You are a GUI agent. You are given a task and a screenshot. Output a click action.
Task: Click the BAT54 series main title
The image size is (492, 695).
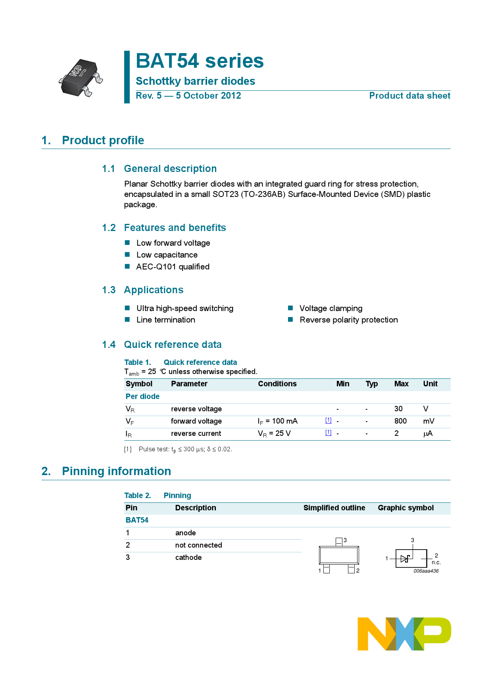[x=200, y=61]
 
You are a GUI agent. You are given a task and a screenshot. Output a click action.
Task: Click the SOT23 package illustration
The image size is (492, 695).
[x=81, y=78]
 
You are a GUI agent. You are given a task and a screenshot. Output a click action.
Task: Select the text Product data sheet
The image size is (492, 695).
[x=409, y=96]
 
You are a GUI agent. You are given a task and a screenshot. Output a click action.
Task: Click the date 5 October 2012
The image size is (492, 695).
[x=208, y=96]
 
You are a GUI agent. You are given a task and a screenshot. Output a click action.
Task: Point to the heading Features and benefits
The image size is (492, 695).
[x=175, y=228]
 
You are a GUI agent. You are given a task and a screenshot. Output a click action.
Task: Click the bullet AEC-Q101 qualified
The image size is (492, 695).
[x=173, y=267]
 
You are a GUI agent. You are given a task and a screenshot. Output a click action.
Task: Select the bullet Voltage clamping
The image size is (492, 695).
[x=331, y=308]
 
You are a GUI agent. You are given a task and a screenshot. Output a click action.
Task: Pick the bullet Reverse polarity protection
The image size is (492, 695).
[x=348, y=320]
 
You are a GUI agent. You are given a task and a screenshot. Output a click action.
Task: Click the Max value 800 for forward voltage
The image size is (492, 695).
[x=400, y=421]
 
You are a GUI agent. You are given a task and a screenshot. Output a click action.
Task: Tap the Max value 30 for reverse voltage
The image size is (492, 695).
[x=398, y=409]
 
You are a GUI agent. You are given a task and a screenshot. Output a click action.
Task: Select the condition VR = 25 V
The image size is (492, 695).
[x=274, y=433]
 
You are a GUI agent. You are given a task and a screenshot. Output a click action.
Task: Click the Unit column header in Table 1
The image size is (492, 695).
[x=430, y=384]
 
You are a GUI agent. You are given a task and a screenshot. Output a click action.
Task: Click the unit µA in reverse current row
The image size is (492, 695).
[x=428, y=433]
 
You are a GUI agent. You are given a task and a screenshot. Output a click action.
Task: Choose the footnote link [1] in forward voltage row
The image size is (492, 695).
[x=328, y=420]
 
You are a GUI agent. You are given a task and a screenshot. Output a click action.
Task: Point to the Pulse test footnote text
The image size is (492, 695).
[x=185, y=449]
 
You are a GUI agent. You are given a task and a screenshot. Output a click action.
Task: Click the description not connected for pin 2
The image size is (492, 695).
[x=198, y=545]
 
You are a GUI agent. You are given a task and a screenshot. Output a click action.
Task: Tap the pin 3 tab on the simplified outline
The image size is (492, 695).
[x=339, y=542]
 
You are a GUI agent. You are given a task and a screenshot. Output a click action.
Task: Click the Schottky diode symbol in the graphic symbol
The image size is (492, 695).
[x=405, y=559]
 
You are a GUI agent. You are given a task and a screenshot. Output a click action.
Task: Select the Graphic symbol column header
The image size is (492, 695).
[x=406, y=508]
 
